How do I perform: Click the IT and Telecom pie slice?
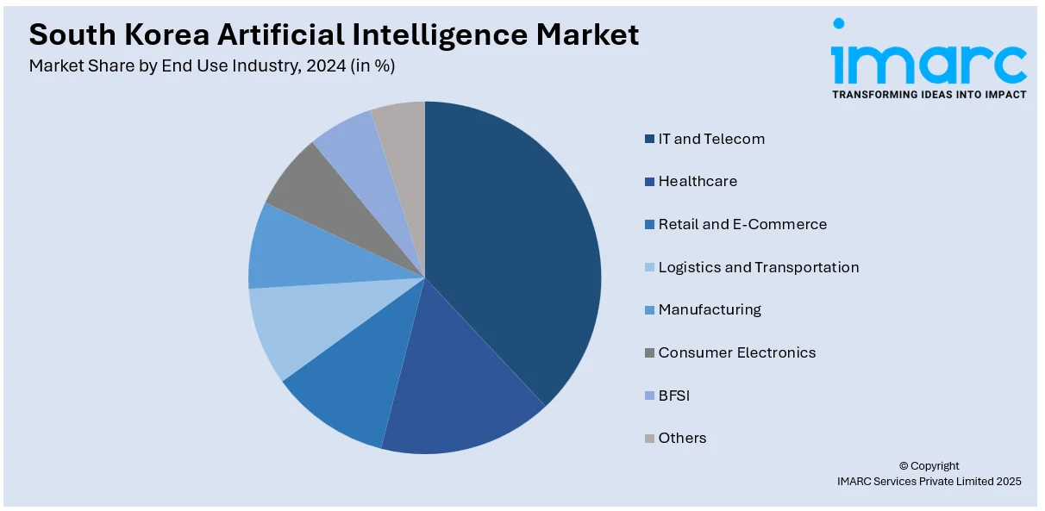[517, 250]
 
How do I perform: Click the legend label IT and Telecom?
[711, 139]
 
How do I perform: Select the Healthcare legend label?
[698, 181]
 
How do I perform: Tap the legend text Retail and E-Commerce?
[742, 224]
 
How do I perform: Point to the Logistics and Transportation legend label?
[759, 267]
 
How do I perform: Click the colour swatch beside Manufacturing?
[648, 310]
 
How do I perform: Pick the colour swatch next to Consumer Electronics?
[648, 352]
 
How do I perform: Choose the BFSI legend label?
[674, 396]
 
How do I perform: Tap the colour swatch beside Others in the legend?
[648, 439]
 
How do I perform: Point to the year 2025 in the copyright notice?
[1005, 482]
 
